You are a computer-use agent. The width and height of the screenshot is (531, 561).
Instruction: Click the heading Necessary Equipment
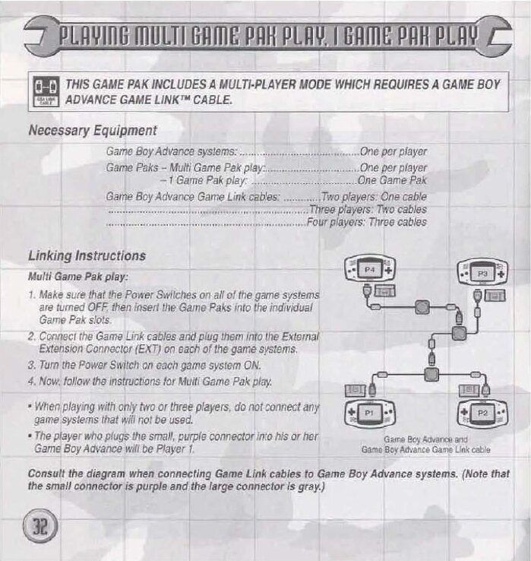[93, 131]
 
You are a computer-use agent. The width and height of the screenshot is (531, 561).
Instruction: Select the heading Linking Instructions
[87, 256]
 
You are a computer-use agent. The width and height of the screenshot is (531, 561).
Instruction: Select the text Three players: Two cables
[368, 210]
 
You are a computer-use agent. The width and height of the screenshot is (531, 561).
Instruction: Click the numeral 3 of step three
[31, 365]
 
